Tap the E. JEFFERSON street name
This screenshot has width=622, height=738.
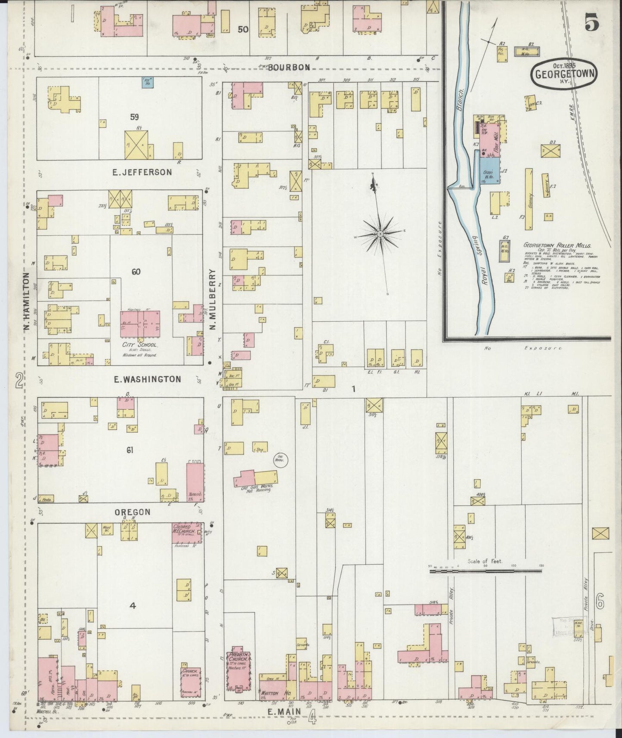click(x=142, y=172)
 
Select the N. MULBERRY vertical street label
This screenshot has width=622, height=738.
click(x=212, y=299)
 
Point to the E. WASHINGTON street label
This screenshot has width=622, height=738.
click(x=147, y=379)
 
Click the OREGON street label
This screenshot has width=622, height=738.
click(x=133, y=512)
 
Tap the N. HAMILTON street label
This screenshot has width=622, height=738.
click(x=26, y=303)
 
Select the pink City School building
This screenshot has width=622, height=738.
click(x=140, y=324)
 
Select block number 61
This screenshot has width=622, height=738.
click(x=130, y=450)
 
